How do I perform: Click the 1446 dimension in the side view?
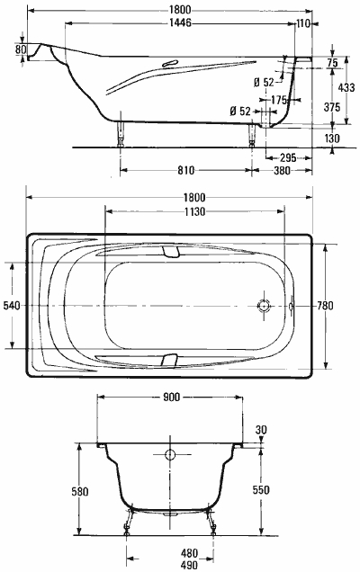pyautogui.click(x=180, y=23)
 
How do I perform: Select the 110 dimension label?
pyautogui.click(x=303, y=23)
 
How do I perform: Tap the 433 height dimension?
pyautogui.click(x=346, y=87)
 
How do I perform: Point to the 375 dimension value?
pyautogui.click(x=332, y=107)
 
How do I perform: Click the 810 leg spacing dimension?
pyautogui.click(x=185, y=170)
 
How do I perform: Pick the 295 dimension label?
pyautogui.click(x=288, y=158)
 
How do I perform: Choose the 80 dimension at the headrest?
pyautogui.click(x=21, y=49)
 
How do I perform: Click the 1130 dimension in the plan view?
pyautogui.click(x=194, y=211)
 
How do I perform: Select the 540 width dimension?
pyautogui.click(x=12, y=305)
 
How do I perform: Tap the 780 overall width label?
pyautogui.click(x=325, y=305)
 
